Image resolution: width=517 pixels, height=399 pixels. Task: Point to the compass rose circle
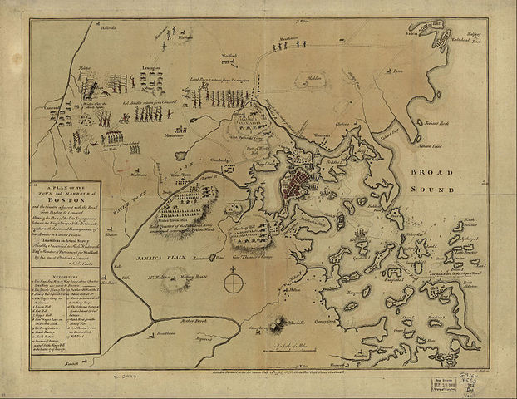pos(233,283)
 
